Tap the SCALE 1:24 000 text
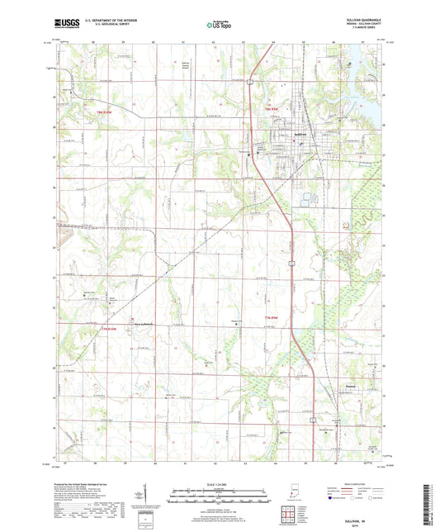coord(220,483)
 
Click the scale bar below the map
coord(220,498)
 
